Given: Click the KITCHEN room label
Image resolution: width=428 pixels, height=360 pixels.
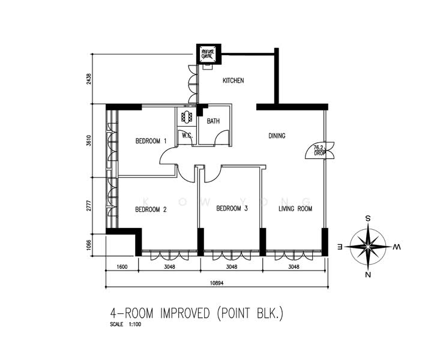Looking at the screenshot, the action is pos(233,80).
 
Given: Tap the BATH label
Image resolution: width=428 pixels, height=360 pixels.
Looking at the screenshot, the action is pos(213,121).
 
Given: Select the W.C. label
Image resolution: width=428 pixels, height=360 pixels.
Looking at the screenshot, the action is pos(187,135).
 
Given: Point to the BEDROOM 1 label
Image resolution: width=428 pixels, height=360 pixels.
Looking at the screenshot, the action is pos(151,141).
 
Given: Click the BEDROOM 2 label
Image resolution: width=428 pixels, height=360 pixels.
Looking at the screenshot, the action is pos(151,209).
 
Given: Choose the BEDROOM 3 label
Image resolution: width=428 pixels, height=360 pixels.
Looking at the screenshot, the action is pos(232,209).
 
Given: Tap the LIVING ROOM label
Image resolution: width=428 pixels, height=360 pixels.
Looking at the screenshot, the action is pos(295,209).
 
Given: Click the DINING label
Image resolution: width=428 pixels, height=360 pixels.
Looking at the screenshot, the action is pos(277,136).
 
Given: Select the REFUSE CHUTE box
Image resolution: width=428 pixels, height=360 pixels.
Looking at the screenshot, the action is pos(208,54).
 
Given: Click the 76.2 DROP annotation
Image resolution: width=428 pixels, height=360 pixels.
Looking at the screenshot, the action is pos(319,151).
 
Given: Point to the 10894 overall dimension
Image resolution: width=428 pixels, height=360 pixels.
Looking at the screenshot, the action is pos(217,283).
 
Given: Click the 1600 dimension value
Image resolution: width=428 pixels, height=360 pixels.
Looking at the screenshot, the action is pos(122,266).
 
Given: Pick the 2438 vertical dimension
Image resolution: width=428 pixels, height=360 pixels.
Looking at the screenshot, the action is pos(89,79).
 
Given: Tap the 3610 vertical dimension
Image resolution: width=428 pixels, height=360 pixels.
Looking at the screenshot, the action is pos(89,140).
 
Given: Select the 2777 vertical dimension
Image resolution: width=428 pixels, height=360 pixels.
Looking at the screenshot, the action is pos(89,206).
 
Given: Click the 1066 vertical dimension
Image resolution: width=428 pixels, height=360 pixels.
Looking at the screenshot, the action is pos(89,245).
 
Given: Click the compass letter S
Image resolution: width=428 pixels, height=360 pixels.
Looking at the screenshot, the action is pos(368,218).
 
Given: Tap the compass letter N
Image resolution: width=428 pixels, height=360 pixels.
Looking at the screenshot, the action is pos(368,275).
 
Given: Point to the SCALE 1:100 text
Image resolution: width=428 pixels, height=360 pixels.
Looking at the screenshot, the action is pos(125,325).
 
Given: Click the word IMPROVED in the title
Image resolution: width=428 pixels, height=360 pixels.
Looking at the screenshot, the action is pos(185,313).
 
